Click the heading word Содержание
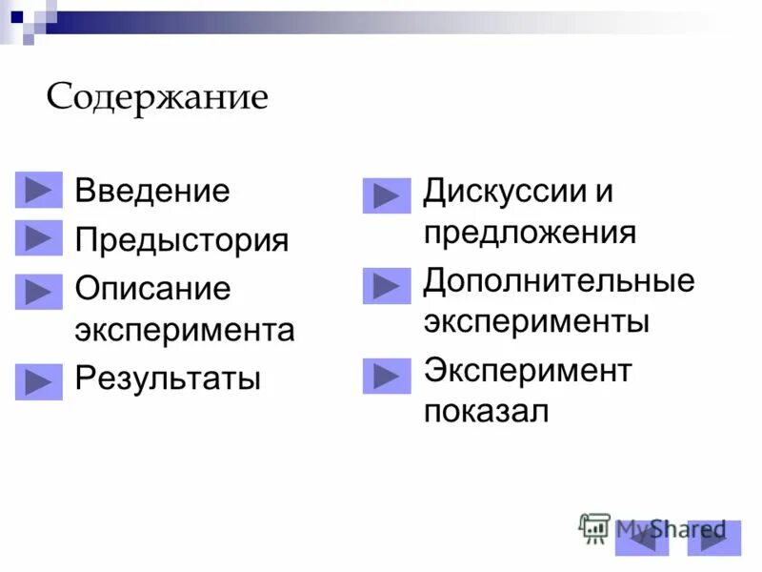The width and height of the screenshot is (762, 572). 157,99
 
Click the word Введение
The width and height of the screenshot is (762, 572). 152,191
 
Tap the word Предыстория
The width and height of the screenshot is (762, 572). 182,239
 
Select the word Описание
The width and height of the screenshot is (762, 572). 152,289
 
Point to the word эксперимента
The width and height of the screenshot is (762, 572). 185,331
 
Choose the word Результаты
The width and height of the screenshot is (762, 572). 168,378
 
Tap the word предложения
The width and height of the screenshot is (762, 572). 530,233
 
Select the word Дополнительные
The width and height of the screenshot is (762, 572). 559,281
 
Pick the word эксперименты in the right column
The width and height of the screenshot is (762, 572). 536,321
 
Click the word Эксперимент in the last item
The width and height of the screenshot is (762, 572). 528,370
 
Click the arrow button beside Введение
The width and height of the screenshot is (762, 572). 39,191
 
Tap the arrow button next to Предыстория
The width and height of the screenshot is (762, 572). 39,238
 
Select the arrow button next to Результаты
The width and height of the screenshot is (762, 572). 39,381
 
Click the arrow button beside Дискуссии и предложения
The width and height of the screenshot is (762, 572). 387,196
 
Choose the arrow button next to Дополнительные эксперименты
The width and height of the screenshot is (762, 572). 387,286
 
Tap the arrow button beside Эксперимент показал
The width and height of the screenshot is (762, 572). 387,376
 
